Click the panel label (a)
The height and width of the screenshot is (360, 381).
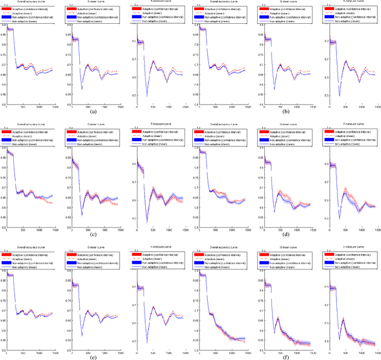click(93, 111)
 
